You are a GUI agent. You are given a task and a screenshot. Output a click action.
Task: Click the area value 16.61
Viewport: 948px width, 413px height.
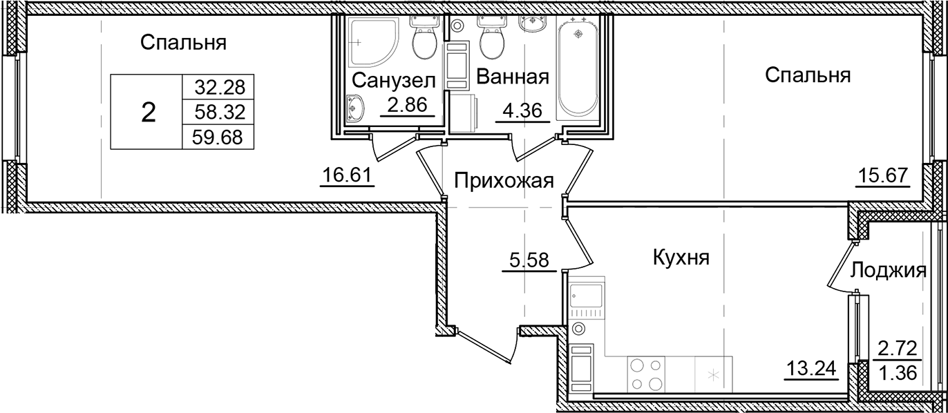[348, 176]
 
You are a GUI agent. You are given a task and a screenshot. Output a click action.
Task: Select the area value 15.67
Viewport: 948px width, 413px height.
[882, 176]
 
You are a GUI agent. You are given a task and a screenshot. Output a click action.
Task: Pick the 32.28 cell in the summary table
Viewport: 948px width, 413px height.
[216, 87]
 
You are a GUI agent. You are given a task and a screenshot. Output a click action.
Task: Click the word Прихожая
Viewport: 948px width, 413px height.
[504, 181]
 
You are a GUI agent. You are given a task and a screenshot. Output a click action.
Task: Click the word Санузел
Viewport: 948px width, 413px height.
[394, 80]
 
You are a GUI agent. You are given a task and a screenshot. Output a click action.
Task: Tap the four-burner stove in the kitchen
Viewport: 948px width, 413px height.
[646, 374]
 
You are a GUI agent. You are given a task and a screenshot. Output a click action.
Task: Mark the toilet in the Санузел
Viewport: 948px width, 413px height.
[422, 41]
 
